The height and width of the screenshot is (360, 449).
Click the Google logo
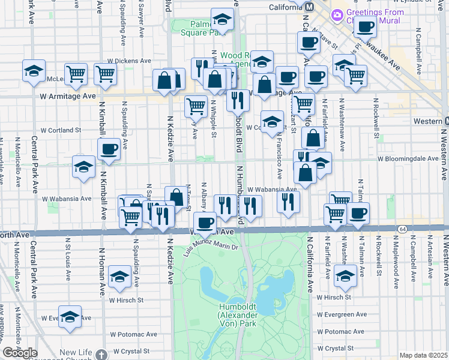20,353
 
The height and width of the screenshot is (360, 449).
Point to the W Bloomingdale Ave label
408,158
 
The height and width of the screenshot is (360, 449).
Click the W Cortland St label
61,130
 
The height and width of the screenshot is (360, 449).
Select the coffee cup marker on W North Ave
205,223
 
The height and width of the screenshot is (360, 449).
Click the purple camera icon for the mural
337,14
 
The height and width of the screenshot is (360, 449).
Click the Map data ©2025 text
424,355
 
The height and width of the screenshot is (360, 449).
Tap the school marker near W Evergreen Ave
70,316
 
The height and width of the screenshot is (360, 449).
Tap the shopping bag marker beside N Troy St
176,196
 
